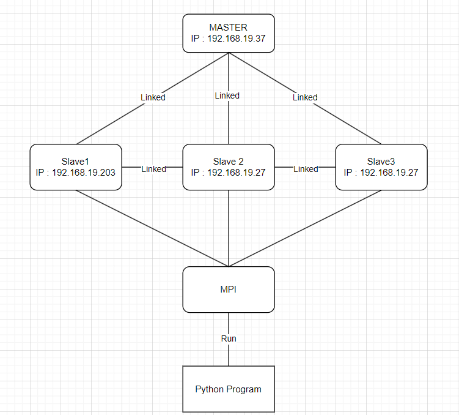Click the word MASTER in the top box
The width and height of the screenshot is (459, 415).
[x=229, y=28]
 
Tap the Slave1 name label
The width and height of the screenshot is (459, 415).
[x=76, y=161]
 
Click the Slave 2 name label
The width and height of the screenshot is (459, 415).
[x=229, y=161]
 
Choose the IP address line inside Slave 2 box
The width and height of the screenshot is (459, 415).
[x=229, y=173]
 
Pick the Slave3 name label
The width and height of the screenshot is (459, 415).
[x=381, y=161]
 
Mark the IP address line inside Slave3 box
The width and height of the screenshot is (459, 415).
[x=381, y=173]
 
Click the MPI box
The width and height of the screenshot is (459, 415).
[x=229, y=289]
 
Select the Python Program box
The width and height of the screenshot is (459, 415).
[x=229, y=389]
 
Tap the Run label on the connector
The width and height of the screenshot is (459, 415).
[x=229, y=338]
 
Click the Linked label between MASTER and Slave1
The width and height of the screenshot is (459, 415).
[x=153, y=97]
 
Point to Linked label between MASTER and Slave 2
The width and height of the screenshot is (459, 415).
[x=227, y=95]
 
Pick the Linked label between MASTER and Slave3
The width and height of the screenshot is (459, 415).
[x=305, y=97]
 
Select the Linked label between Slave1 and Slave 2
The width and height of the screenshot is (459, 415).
[x=153, y=169]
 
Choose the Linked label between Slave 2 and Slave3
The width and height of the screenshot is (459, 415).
[x=306, y=169]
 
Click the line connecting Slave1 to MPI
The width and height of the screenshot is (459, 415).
[x=153, y=228]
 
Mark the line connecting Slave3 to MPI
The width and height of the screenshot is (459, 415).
[x=306, y=228]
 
